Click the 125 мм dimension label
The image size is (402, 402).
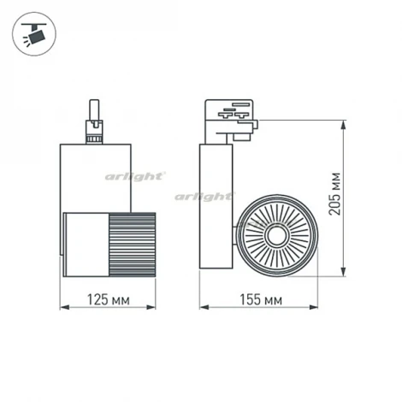[x=108, y=299]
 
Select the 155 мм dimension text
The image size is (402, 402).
[x=261, y=299]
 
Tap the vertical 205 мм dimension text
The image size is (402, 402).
[x=334, y=193]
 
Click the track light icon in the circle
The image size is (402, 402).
[x=34, y=34]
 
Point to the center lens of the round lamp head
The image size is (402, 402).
[x=277, y=235]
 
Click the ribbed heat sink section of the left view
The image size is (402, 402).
[x=132, y=245]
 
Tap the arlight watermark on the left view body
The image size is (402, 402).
[x=135, y=177]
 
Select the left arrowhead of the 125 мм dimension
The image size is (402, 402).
[x=65, y=307]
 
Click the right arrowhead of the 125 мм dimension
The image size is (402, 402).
[x=151, y=307]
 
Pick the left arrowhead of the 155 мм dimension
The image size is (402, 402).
[x=204, y=307]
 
